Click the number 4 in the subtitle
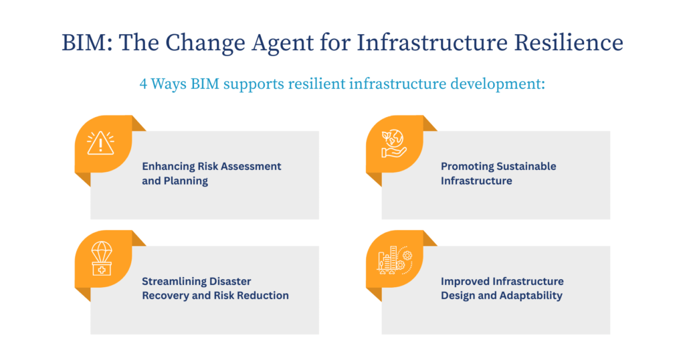143,85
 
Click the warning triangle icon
100,143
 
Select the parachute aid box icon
100,258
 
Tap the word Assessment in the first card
248,166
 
